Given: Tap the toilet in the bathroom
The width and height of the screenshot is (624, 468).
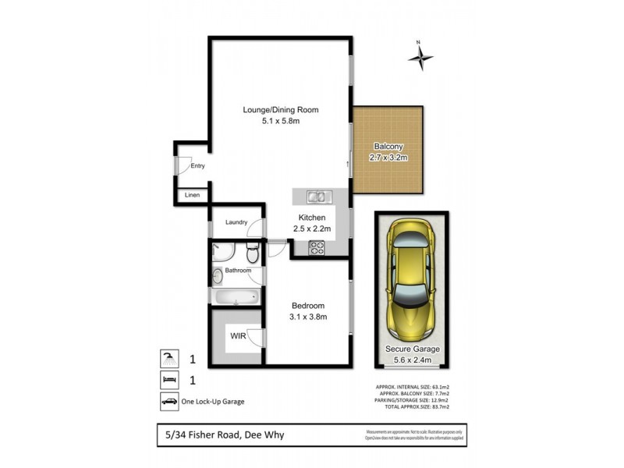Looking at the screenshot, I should pos(252,253).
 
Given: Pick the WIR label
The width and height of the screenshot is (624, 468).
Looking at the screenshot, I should pos(238,336).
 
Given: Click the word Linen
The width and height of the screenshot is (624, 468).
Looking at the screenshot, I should pos(192,196).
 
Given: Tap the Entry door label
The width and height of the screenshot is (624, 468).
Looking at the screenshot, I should pos(197,165).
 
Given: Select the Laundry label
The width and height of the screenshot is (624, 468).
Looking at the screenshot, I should pos(236,222).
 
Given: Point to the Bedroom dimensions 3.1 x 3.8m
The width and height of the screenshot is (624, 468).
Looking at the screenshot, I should pos(308,317).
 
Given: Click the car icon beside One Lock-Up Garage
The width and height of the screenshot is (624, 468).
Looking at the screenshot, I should pos(169,402).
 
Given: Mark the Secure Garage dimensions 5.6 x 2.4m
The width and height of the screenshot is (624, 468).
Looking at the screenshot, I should pos(412,360).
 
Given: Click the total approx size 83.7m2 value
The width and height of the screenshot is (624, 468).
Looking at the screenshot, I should pos(452,407).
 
